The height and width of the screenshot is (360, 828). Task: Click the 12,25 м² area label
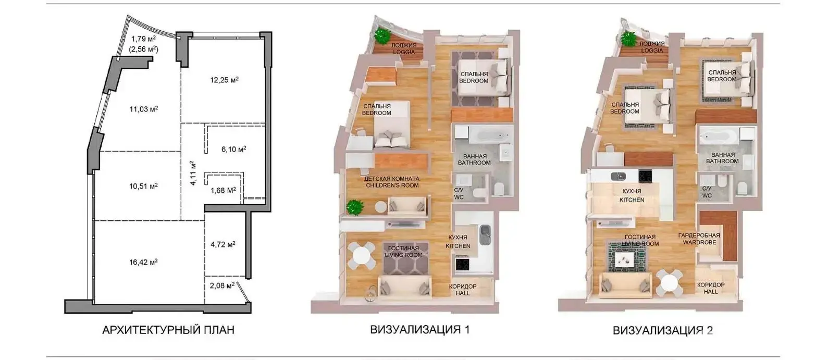click(225, 80)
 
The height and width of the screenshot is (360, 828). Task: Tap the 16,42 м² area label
click(143, 263)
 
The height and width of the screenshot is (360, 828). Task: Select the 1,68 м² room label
click(223, 190)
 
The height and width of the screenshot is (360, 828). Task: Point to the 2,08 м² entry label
click(222, 285)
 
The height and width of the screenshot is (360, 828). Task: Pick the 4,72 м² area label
click(223, 244)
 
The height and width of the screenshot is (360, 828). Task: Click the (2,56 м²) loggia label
click(143, 49)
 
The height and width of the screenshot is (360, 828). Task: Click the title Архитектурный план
click(168, 330)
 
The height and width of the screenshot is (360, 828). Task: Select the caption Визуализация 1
click(420, 329)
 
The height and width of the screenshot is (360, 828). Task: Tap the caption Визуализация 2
click(663, 330)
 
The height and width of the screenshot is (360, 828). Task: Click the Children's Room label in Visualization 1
click(392, 185)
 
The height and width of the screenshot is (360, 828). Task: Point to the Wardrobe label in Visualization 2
click(699, 242)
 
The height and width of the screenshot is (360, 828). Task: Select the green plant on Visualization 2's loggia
click(628, 39)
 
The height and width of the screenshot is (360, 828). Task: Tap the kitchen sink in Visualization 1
click(485, 234)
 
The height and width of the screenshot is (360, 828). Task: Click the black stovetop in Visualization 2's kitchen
click(646, 176)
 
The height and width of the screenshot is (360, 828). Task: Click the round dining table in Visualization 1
click(362, 256)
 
